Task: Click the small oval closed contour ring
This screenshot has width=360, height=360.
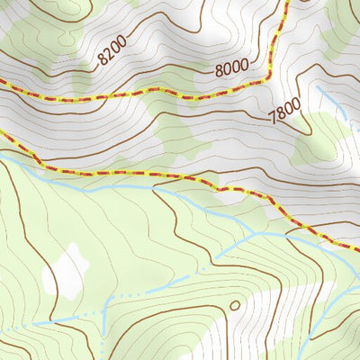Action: pos(235,305)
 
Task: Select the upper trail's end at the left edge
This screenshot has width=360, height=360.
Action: pos(2,83)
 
